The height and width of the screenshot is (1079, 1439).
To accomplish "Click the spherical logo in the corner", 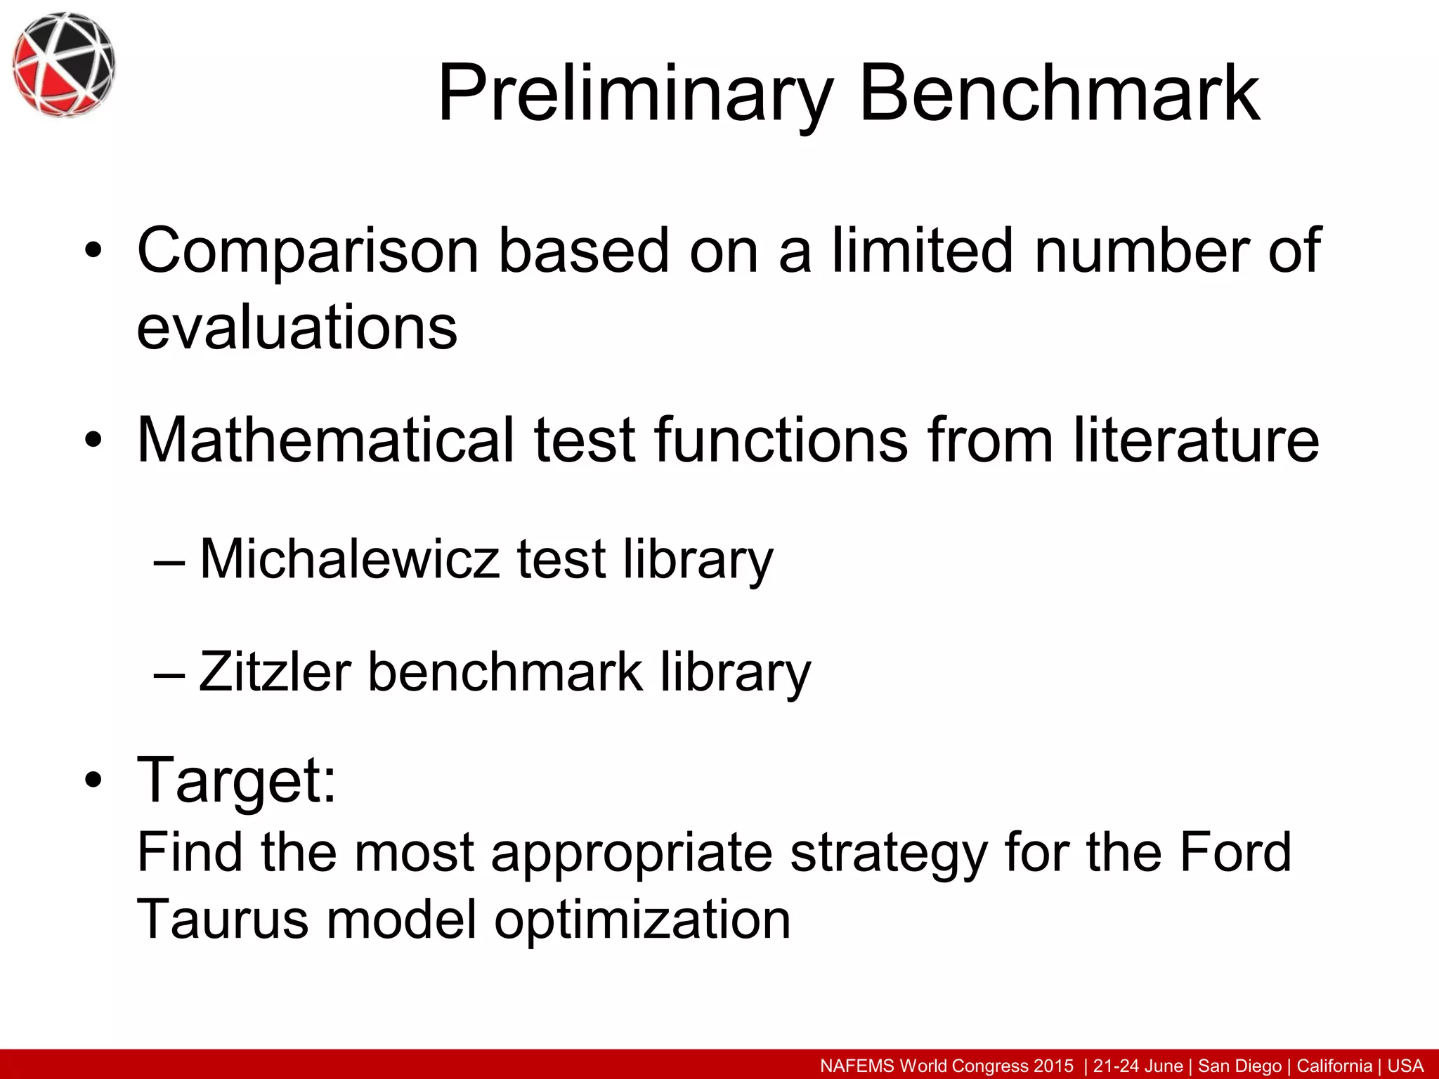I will pyautogui.click(x=63, y=64).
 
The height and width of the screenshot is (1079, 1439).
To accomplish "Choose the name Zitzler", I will pyautogui.click(x=275, y=672).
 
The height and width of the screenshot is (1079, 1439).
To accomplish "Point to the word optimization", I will pyautogui.click(x=642, y=921).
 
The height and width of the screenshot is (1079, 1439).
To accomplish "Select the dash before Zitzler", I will pyautogui.click(x=169, y=673).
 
